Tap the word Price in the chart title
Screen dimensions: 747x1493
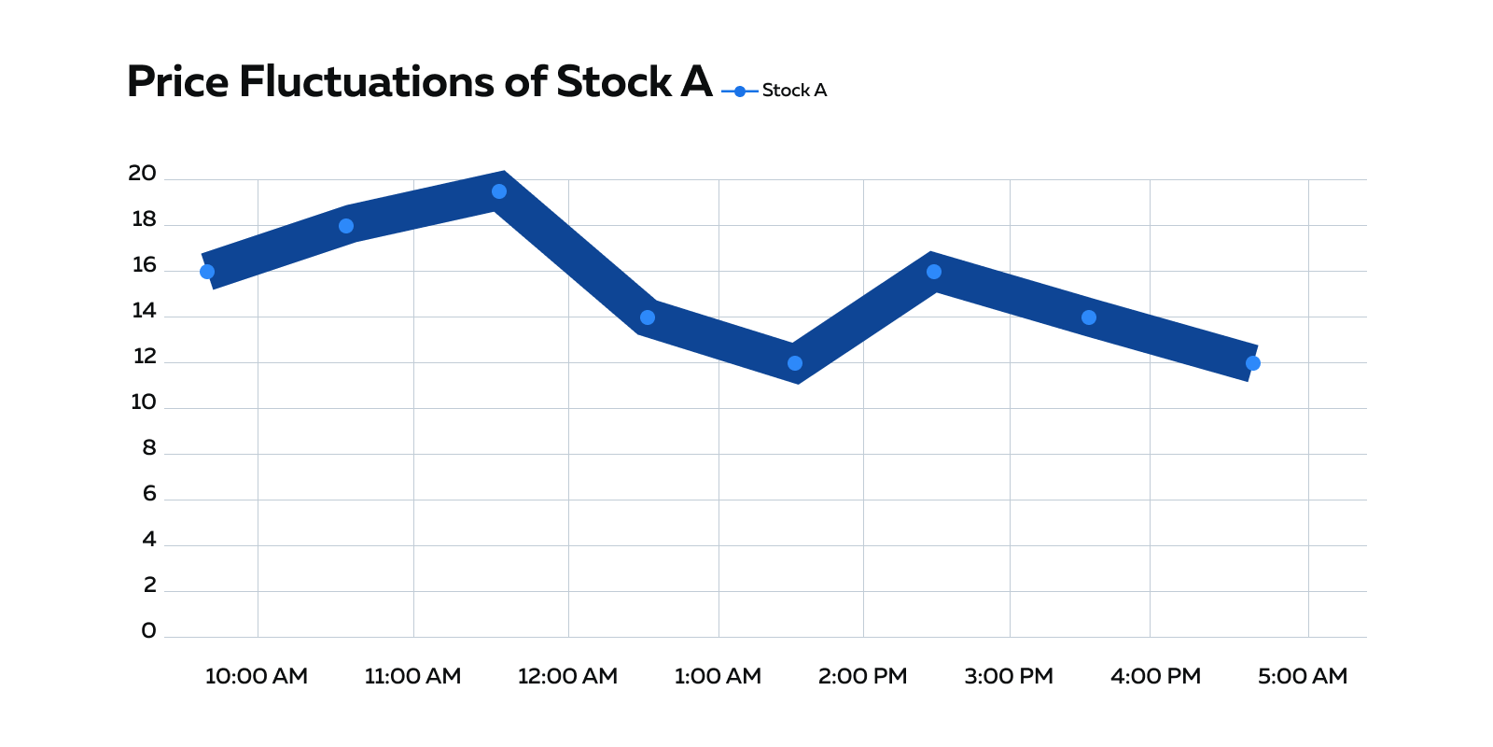(177, 82)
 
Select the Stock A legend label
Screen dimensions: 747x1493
(794, 91)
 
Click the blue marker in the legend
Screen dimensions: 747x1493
(740, 92)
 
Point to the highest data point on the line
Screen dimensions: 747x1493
(499, 191)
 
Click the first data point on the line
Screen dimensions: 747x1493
(207, 272)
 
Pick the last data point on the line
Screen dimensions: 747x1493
(1253, 363)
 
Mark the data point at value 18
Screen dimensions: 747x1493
(346, 226)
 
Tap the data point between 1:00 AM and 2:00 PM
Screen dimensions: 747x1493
(795, 363)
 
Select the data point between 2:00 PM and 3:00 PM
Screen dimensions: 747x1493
(934, 272)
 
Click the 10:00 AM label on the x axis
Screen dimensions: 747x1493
(257, 676)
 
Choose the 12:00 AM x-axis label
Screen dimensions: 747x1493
(567, 676)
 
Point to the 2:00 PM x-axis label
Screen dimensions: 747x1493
(862, 676)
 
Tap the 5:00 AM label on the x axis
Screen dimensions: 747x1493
(1303, 676)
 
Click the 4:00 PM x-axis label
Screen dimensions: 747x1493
(1155, 676)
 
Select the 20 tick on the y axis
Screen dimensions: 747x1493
(142, 173)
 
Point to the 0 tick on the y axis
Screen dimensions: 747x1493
(148, 631)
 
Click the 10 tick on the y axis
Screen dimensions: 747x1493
(143, 402)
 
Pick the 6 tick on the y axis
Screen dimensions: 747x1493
(149, 494)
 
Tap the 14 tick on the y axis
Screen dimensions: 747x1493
(144, 311)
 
